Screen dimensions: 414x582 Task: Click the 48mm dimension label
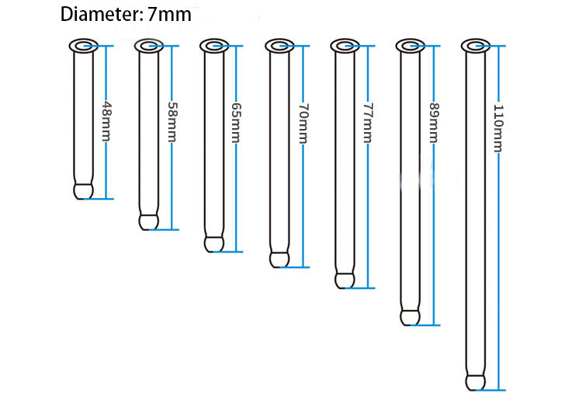pyautogui.click(x=106, y=121)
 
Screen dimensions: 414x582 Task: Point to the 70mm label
pyautogui.click(x=302, y=124)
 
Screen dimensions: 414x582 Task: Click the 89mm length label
pyautogui.click(x=433, y=125)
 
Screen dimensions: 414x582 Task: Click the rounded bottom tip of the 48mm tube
pyautogui.click(x=83, y=190)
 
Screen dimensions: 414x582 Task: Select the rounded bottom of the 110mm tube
pyautogui.click(x=475, y=381)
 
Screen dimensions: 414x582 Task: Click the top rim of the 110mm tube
pyautogui.click(x=475, y=46)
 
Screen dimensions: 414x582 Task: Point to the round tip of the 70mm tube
pyautogui.click(x=279, y=259)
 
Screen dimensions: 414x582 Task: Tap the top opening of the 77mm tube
pyautogui.click(x=345, y=47)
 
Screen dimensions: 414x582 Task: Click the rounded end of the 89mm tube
pyautogui.click(x=410, y=317)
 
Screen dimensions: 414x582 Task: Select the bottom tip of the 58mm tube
pyautogui.click(x=148, y=221)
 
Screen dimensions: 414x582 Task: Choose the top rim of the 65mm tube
pyautogui.click(x=213, y=47)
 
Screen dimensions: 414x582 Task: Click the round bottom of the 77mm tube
pyautogui.click(x=345, y=280)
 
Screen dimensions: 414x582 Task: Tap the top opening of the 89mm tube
pyautogui.click(x=410, y=47)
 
